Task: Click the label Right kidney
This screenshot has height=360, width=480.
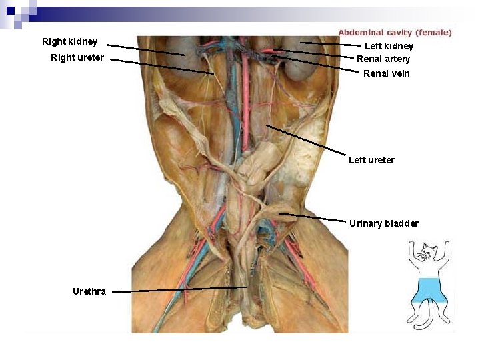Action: click(x=69, y=41)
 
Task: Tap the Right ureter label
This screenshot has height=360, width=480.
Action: click(x=77, y=57)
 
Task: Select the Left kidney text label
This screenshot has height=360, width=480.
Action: click(x=389, y=46)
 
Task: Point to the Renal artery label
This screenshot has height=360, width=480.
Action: click(x=383, y=59)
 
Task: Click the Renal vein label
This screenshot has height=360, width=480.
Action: click(x=387, y=73)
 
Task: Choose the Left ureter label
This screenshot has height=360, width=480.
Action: click(x=371, y=160)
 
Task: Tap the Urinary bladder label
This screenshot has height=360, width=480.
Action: click(x=384, y=223)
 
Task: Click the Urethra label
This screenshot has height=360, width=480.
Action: click(x=89, y=291)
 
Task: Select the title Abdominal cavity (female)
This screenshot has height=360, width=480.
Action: click(x=395, y=32)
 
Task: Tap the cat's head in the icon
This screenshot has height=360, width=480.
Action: click(x=427, y=253)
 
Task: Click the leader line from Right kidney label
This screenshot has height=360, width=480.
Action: click(x=147, y=50)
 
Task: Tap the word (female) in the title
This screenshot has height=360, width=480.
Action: click(x=434, y=32)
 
